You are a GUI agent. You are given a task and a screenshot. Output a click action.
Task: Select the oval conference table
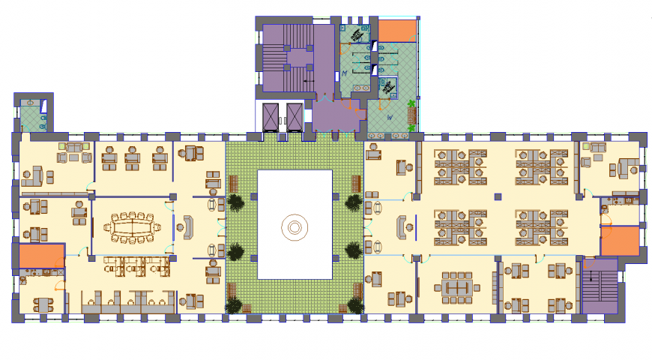pos(133,226)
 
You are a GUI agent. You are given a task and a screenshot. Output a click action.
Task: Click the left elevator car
pos(271,115)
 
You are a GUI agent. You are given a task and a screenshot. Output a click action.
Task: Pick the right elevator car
pos(293,115)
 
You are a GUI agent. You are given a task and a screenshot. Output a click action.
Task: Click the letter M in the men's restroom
pos(344,73)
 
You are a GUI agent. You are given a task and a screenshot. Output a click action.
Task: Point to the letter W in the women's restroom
pos(388,117)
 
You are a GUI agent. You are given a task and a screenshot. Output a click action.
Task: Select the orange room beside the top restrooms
pos(396,31)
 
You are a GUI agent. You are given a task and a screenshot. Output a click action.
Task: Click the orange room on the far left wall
pos(41,256)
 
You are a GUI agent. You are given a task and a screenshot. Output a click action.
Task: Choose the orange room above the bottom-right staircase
pos(620,241)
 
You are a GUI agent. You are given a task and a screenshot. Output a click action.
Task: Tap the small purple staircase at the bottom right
pos(597,286)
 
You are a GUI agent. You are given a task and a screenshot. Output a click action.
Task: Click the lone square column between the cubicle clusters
pos(498,196)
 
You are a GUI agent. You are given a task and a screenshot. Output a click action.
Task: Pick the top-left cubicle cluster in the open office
pos(460,166)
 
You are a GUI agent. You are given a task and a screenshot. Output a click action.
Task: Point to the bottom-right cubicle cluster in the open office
pos(541,226)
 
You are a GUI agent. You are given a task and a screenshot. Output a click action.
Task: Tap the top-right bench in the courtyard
pos(356,183)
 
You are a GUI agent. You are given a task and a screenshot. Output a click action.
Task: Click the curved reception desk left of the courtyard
pos(185,226)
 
